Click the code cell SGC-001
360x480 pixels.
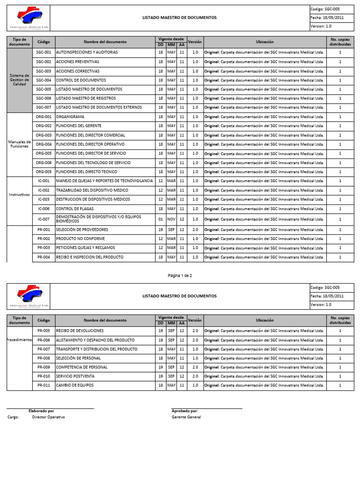pyautogui.click(x=44, y=52)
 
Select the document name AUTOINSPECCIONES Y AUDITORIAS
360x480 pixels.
pyautogui.click(x=87, y=52)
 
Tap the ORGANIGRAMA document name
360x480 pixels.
pyautogui.click(x=71, y=117)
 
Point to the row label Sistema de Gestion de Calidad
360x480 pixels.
pyautogui.click(x=19, y=80)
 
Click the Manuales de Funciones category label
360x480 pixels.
pyautogui.click(x=19, y=144)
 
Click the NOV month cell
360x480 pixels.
pyautogui.click(x=171, y=219)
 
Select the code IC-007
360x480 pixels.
pyautogui.click(x=44, y=219)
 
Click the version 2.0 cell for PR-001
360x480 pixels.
pyautogui.click(x=195, y=230)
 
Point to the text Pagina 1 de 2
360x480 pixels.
pyautogui.click(x=180, y=276)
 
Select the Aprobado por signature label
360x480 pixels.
pyautogui.click(x=185, y=411)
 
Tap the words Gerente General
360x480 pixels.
pyautogui.click(x=186, y=417)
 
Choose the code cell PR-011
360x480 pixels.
pyautogui.click(x=44, y=385)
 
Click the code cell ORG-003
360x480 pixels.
pyautogui.click(x=44, y=135)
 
